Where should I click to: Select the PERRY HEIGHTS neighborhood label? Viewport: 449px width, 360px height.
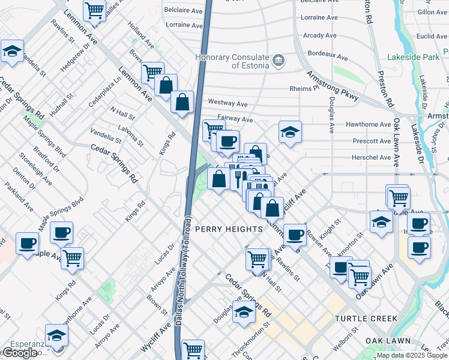pyautogui.click(x=229, y=229)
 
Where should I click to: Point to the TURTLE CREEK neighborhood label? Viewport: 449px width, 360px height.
pyautogui.click(x=366, y=318)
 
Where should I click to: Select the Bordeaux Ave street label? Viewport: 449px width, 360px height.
pyautogui.click(x=326, y=55)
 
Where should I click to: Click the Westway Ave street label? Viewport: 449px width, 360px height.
pyautogui.click(x=228, y=103)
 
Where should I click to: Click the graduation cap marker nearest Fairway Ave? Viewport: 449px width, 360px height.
pyautogui.click(x=290, y=132)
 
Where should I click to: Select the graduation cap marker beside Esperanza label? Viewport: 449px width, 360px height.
pyautogui.click(x=56, y=335)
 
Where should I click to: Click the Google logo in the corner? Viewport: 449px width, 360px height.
pyautogui.click(x=20, y=353)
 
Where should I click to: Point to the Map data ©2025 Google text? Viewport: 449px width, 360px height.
pyautogui.click(x=412, y=355)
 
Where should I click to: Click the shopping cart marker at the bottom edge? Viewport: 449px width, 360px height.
pyautogui.click(x=193, y=350)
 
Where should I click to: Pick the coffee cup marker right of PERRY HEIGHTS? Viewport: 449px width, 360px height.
pyautogui.click(x=294, y=235)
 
